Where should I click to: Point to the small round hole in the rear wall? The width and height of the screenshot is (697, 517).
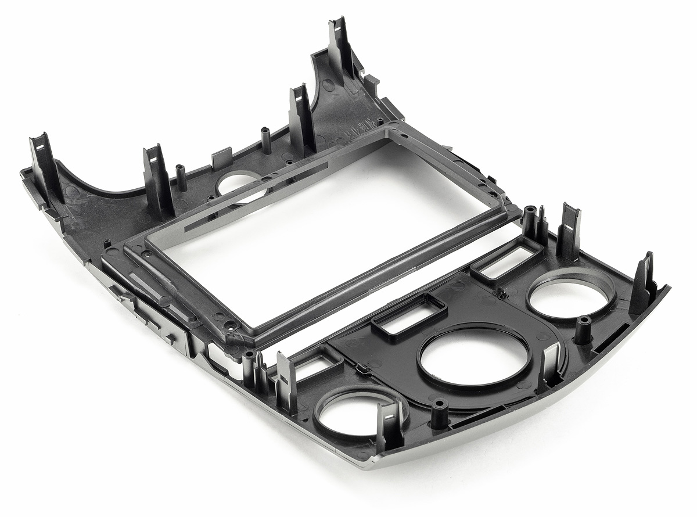coord(239,185)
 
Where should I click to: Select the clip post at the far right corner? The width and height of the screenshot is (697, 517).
coord(645,285)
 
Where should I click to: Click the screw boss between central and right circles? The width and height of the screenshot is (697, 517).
coord(583,329)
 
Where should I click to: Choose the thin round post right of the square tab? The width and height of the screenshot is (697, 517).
coord(266,140)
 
